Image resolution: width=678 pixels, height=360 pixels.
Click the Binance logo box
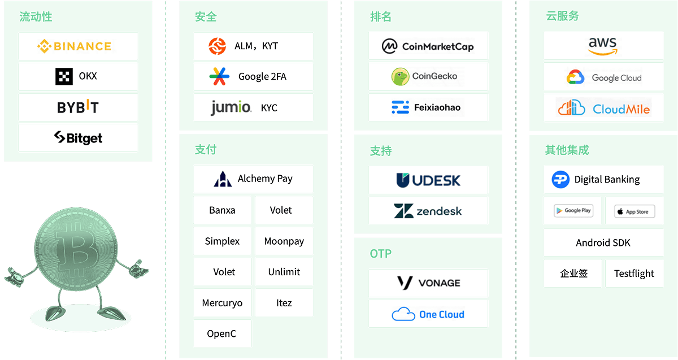click(x=78, y=46)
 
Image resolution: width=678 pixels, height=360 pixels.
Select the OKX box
click(x=78, y=76)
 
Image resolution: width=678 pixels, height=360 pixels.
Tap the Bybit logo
click(x=78, y=107)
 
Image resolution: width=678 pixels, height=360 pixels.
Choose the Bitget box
click(x=78, y=137)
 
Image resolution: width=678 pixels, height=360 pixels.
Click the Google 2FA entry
click(x=253, y=76)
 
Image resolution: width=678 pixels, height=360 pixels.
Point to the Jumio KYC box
click(x=253, y=107)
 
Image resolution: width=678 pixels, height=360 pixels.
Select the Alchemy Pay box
click(x=253, y=179)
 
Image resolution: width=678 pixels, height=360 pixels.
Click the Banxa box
click(x=222, y=210)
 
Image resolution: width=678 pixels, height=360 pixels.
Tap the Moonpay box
click(x=284, y=241)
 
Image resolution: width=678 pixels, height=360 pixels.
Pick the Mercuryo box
click(x=222, y=303)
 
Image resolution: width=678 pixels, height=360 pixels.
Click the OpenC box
click(x=222, y=333)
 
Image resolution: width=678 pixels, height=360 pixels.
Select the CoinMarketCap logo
click(x=428, y=46)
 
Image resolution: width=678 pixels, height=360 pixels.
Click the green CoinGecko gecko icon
click(x=400, y=76)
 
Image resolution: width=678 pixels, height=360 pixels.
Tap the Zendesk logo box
click(x=428, y=211)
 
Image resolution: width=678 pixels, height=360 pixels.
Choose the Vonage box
click(x=428, y=283)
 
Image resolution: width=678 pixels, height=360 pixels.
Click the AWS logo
click(x=603, y=46)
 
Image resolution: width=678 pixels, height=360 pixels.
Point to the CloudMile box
click(x=603, y=108)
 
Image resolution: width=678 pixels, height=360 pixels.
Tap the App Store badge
click(x=634, y=211)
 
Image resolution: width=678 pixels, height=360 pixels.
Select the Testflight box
click(x=634, y=274)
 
